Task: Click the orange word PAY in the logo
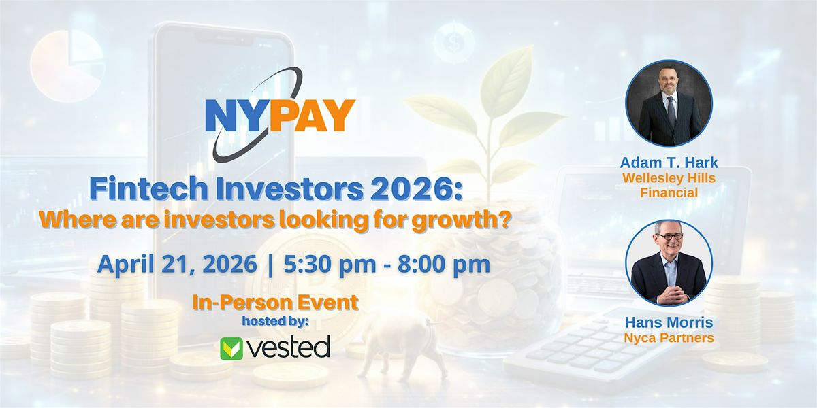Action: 313,116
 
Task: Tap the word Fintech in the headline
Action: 148,188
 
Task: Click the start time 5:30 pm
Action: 330,264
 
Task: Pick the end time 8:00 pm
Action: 444,264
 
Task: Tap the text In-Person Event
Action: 275,303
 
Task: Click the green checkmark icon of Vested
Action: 231,349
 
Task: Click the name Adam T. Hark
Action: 669,163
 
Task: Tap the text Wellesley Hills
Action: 669,178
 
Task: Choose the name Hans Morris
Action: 669,322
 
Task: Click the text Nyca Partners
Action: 669,338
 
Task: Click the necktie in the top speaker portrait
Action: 671,109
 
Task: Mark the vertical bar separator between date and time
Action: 270,265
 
